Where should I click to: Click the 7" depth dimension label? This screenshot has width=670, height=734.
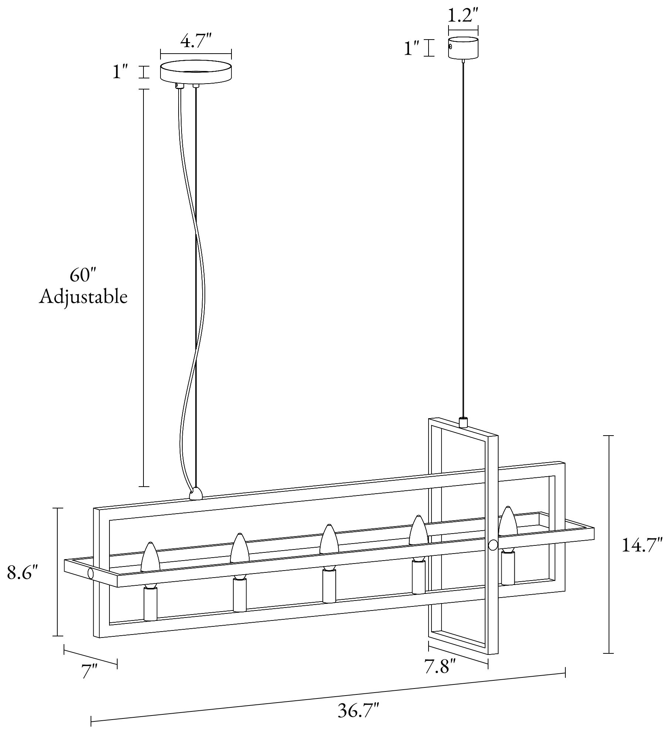89,681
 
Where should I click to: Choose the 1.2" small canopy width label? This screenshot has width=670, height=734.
463,16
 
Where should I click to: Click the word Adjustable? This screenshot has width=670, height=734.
83,297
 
